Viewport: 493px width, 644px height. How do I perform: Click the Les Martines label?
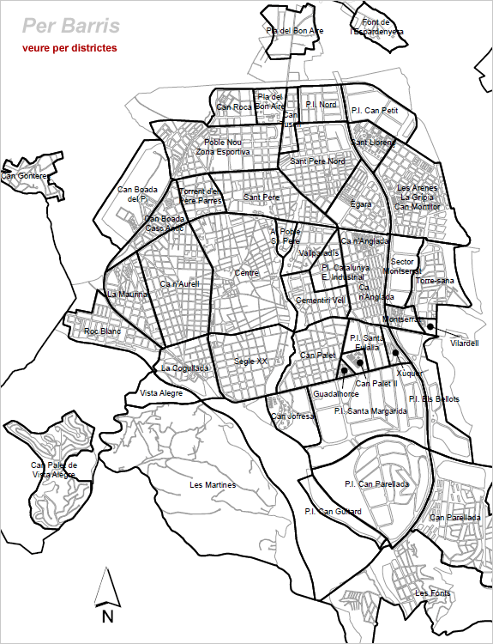[212, 485]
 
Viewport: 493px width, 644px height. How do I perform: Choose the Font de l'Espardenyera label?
[377, 27]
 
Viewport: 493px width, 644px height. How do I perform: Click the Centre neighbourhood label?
[247, 274]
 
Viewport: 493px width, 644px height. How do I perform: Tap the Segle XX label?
[250, 361]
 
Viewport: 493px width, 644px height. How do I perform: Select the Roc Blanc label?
[103, 331]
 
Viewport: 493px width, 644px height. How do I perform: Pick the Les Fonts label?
[432, 593]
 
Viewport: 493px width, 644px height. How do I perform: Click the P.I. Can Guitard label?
[333, 512]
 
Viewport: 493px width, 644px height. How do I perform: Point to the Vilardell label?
[464, 343]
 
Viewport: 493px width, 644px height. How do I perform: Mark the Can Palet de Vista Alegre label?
[55, 470]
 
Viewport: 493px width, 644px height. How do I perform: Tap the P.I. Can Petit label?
[375, 111]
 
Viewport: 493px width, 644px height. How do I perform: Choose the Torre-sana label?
[434, 281]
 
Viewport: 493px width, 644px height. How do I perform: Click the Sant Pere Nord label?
[317, 161]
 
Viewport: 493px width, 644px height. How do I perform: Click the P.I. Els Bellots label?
[434, 399]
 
